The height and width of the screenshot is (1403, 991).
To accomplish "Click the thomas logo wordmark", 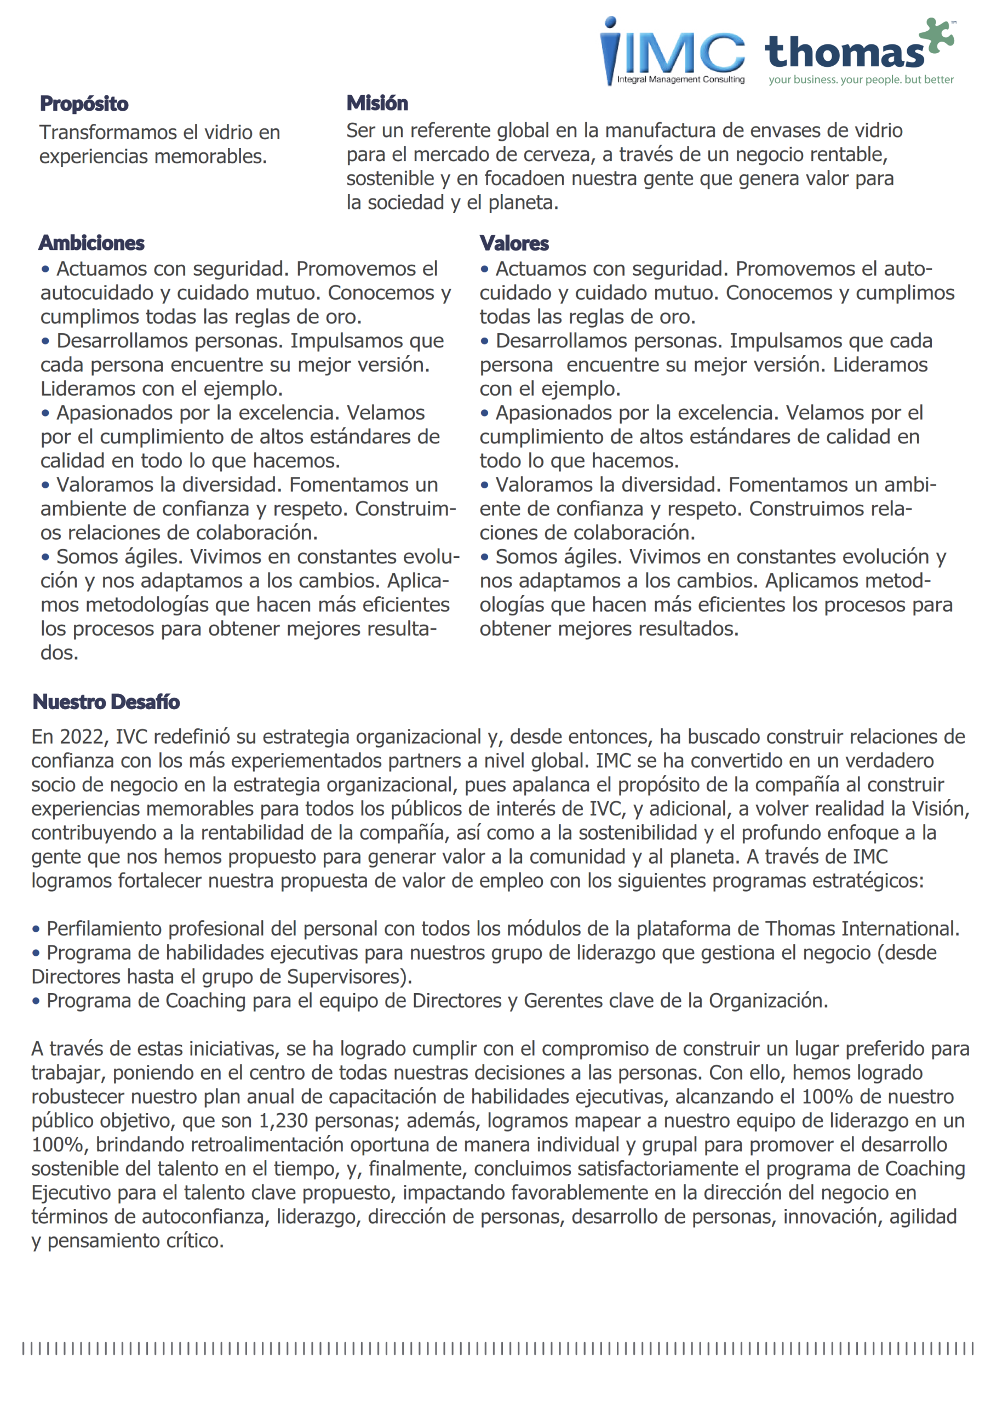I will coord(844,53).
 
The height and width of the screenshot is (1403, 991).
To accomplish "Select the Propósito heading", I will coord(84,104).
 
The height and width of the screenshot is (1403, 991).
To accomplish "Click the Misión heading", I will coord(377,103).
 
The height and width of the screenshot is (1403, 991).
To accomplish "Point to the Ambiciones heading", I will coord(91,243).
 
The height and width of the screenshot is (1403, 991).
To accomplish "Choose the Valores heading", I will coord(514,243).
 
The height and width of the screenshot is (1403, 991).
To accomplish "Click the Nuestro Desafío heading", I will coord(106,702).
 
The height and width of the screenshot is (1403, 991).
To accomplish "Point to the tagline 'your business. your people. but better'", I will coord(861,80).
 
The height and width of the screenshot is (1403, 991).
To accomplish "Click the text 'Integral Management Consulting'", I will coord(680,79).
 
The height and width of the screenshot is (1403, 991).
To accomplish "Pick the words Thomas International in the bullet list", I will coord(862,929).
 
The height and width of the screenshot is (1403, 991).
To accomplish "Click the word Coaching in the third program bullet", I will coord(205,1001).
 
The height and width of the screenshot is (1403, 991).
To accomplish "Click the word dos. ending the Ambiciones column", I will coord(59,653).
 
